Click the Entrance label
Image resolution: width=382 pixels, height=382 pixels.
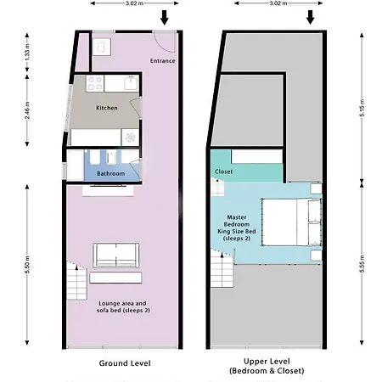point(162,61)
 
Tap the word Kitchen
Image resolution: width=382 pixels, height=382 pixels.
point(106,108)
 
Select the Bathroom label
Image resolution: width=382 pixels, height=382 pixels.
point(110,173)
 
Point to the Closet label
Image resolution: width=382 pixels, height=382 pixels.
point(224,171)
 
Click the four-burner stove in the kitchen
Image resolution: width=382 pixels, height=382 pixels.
point(94,84)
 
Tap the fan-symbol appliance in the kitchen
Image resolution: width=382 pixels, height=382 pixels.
point(128,137)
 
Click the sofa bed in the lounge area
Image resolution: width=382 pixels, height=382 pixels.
point(115,254)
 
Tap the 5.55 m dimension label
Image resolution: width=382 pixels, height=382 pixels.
point(362,266)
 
